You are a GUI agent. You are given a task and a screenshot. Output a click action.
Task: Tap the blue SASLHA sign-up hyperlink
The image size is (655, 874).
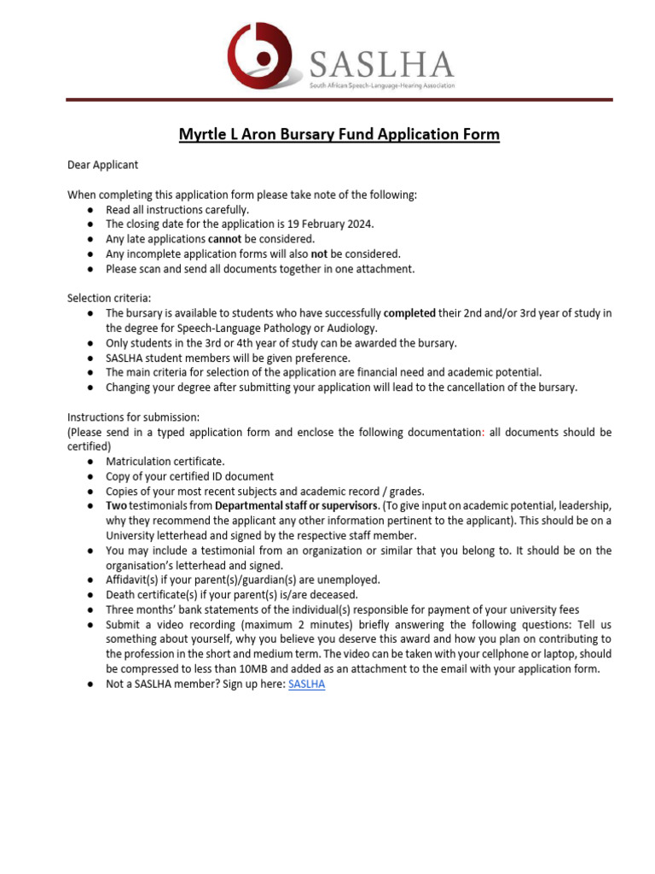(306, 685)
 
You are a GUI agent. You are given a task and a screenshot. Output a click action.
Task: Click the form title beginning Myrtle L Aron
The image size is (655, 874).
(339, 135)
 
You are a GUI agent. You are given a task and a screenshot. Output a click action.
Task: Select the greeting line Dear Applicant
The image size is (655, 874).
(102, 165)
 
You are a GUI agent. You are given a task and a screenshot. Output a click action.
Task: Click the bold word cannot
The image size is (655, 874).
(224, 239)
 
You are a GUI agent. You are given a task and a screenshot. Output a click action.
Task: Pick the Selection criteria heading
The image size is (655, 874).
(109, 298)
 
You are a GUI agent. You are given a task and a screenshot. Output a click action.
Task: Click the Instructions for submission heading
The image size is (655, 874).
(133, 417)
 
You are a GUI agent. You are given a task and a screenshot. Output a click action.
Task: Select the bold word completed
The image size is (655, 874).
(409, 313)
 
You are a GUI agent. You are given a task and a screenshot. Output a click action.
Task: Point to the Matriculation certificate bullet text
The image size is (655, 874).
(165, 461)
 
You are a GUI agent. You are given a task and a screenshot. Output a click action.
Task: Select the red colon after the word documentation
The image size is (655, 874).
(483, 433)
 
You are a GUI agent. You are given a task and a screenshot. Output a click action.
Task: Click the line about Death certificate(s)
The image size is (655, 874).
(232, 595)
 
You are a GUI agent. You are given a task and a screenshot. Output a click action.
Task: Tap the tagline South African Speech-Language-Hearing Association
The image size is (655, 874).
(381, 86)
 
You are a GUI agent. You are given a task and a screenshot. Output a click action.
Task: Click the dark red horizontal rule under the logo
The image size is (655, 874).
(339, 100)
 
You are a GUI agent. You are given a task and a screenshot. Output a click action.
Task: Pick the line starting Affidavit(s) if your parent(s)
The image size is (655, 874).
(243, 580)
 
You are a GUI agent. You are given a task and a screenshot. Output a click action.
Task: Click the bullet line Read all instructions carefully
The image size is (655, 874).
(177, 210)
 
